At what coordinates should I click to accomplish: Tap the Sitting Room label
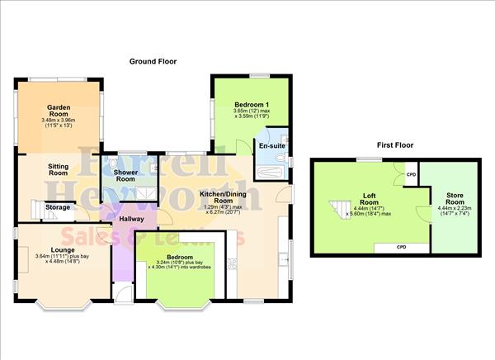57,169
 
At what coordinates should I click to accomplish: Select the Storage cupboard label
57,207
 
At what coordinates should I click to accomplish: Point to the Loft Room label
370,198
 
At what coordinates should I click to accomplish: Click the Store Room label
455,198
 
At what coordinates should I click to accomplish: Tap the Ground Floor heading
153,62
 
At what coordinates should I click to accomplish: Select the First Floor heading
395,144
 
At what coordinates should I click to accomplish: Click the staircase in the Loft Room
340,208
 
